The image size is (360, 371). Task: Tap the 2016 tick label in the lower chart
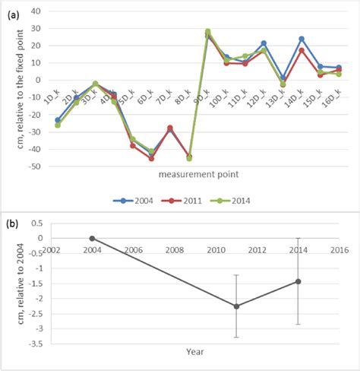click(339, 249)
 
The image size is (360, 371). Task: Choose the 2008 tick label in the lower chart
click(174, 249)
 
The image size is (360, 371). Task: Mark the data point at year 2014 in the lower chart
click(298, 281)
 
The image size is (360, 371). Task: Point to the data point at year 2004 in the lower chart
click(92, 238)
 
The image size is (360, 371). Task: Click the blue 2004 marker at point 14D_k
click(302, 39)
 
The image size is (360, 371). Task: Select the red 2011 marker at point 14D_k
click(302, 50)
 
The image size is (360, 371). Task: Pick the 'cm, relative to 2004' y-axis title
click(14, 289)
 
